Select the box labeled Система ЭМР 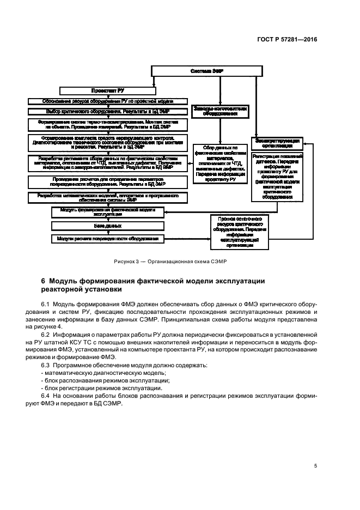click(x=207, y=71)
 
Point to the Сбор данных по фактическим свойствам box click(x=216, y=163)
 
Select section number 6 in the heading click(x=44, y=281)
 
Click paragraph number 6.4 click(x=46, y=395)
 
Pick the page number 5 click(x=315, y=466)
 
